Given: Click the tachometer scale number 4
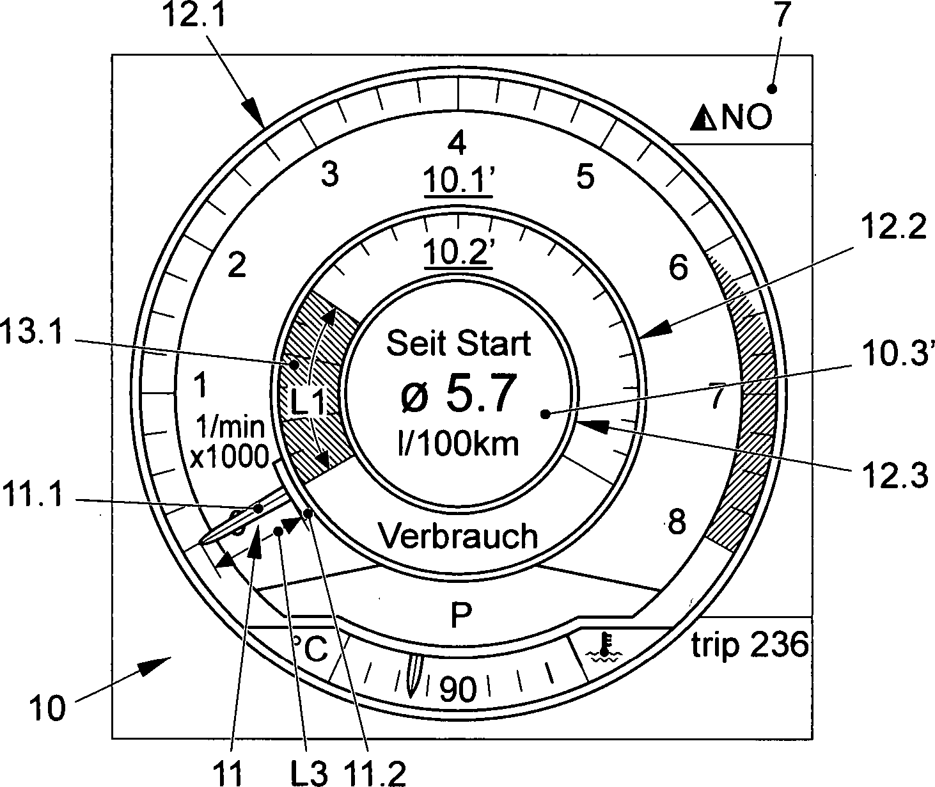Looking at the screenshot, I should [457, 143].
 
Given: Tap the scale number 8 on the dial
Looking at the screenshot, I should [676, 521].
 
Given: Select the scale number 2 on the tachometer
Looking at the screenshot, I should [237, 265].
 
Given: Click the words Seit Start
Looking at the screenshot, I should [459, 344].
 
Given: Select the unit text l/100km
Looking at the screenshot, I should [458, 443].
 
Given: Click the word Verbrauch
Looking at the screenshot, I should [458, 536].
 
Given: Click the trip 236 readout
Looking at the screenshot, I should [750, 646].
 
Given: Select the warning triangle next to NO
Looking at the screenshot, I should [703, 118].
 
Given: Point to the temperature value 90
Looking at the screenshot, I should [459, 690].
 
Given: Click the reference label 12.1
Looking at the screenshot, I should [187, 15].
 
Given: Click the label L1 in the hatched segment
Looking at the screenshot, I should [309, 402].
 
